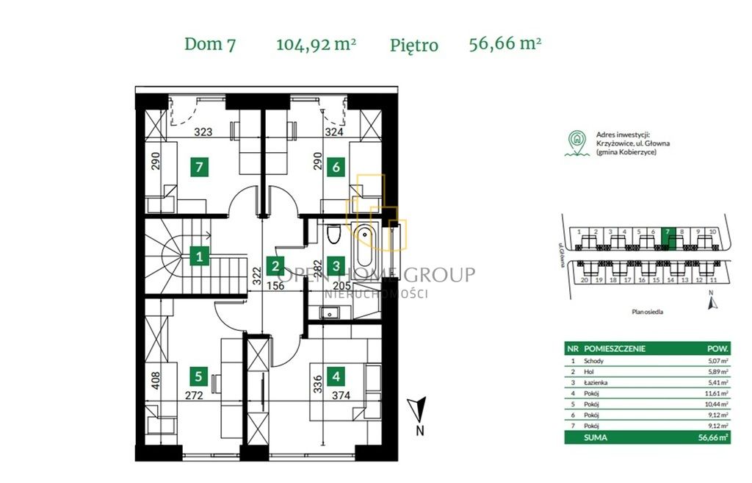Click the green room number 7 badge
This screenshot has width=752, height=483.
(199, 167)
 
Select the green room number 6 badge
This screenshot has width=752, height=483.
(336, 167)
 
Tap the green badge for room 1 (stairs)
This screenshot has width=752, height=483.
(199, 257)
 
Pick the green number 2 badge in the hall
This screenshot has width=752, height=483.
(275, 266)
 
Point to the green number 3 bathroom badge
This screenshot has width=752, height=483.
(336, 266)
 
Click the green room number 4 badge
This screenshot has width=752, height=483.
(336, 377)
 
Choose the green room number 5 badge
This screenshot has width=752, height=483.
(198, 377)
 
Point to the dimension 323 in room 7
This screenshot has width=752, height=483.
(203, 133)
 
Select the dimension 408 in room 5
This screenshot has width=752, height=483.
(155, 380)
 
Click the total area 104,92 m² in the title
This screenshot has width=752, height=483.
(316, 43)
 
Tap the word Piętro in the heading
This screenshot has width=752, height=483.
(414, 45)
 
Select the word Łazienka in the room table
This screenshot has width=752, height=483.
(597, 383)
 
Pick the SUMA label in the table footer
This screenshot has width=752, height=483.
(596, 437)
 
